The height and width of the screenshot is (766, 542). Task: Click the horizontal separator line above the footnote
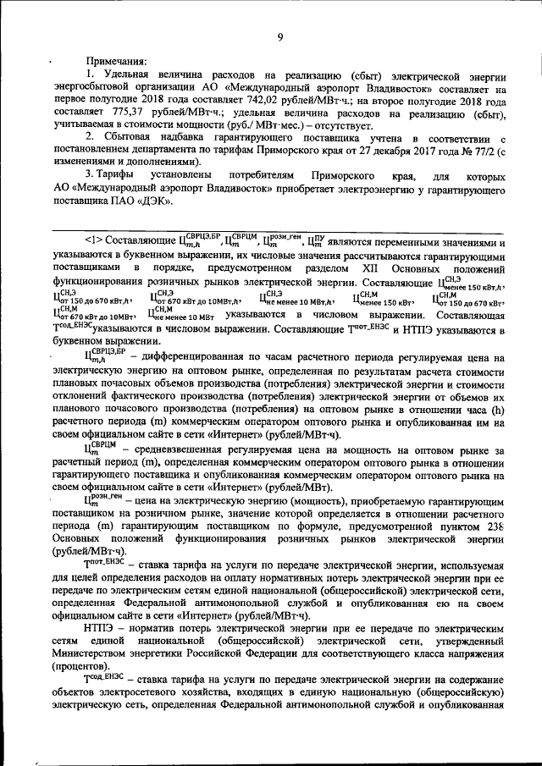pyautogui.click(x=279, y=226)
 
